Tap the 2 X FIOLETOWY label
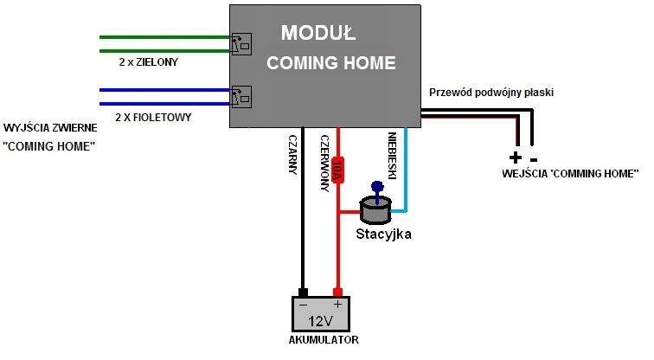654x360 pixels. pyautogui.click(x=153, y=116)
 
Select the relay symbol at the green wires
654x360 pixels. pyautogui.click(x=240, y=43)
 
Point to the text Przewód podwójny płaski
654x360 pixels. pyautogui.click(x=490, y=92)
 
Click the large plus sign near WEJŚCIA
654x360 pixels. pyautogui.click(x=516, y=157)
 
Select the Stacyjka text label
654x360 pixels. pyautogui.click(x=384, y=234)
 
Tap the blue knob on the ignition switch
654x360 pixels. pyautogui.click(x=376, y=185)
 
